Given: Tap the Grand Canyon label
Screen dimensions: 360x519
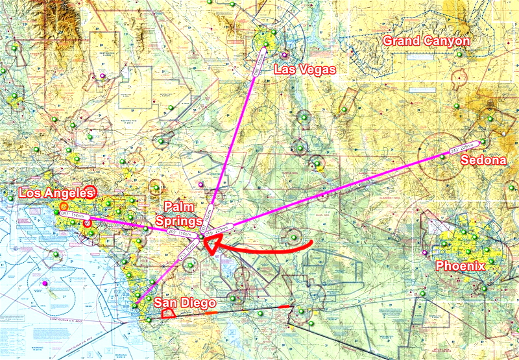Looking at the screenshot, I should [426, 41].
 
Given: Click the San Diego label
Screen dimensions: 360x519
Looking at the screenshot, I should [184, 303].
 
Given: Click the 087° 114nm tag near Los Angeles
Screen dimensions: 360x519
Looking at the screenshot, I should [71, 215].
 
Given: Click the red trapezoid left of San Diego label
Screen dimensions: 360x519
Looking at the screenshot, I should [167, 313].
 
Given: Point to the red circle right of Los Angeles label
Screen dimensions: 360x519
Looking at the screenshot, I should [90, 191].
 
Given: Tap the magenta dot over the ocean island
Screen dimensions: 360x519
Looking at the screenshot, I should [44, 283].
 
